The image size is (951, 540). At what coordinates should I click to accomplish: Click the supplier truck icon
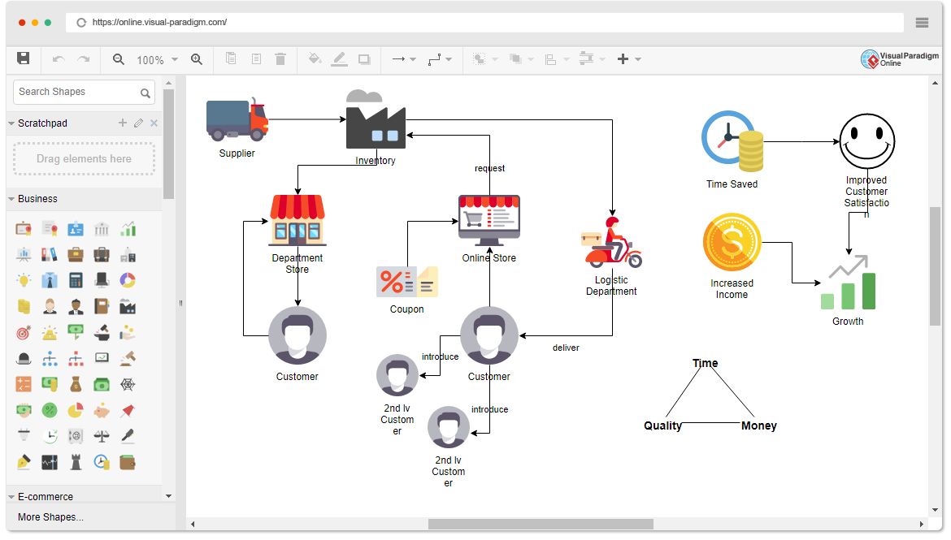click(237, 120)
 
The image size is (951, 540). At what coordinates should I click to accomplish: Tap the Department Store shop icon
click(297, 220)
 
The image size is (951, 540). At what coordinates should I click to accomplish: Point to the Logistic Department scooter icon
click(612, 243)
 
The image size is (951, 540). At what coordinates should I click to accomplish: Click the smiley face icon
click(866, 141)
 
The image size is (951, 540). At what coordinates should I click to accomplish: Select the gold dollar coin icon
click(732, 241)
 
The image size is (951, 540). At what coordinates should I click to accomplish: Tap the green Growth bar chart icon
click(848, 287)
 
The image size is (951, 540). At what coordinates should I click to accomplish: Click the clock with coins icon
click(732, 141)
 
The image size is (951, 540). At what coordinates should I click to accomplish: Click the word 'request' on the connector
click(490, 169)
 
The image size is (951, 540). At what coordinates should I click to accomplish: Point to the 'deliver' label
click(566, 348)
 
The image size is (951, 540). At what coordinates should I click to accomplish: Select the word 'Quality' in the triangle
click(663, 426)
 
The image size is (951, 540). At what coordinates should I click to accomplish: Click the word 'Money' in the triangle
click(759, 426)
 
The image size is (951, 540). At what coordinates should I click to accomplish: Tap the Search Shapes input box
click(77, 92)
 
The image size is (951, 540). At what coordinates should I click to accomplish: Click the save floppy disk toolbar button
click(24, 58)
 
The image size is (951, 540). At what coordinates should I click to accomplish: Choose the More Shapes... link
click(50, 517)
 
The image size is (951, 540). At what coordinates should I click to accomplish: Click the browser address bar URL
click(159, 22)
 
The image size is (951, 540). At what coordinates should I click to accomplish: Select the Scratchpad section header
click(42, 123)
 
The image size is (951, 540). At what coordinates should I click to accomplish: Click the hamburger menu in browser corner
click(922, 23)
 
